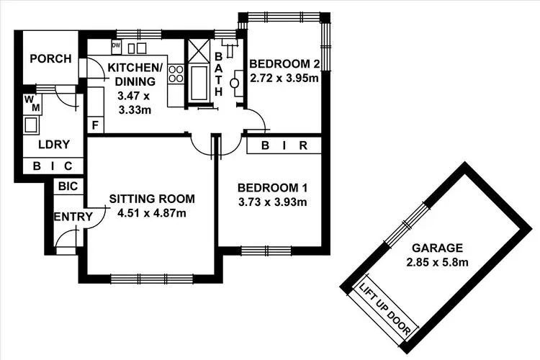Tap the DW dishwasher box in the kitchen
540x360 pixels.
click(116, 45)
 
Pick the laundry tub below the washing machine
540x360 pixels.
click(32, 125)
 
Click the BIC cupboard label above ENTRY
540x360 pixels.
click(68, 186)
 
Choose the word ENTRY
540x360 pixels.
click(73, 217)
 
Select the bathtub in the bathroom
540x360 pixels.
click(197, 84)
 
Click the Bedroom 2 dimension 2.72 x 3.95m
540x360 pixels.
click(284, 78)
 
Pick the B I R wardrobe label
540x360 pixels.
click(284, 146)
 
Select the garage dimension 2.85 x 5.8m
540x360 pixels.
click(438, 261)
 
